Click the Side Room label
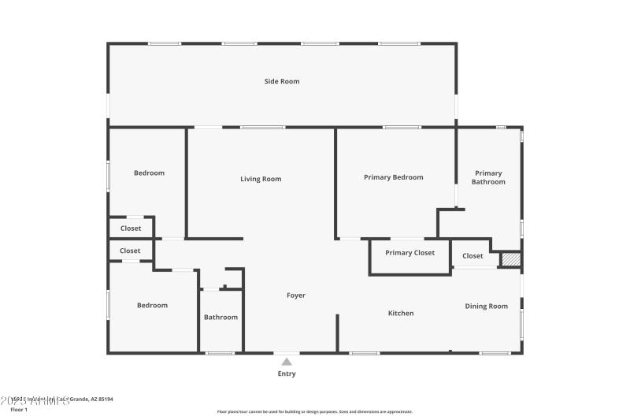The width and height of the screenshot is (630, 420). [281, 81]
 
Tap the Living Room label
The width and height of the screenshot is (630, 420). [261, 179]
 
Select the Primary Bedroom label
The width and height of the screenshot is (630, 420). [393, 177]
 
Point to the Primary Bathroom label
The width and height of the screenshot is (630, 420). [488, 177]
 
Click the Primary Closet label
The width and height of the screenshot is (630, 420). [409, 253]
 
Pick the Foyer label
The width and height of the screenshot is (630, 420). [295, 295]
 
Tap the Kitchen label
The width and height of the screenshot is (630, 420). [401, 313]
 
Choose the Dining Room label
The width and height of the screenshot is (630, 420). [486, 307]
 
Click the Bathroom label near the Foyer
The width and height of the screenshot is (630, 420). [220, 317]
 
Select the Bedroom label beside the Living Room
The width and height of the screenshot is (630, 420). [149, 173]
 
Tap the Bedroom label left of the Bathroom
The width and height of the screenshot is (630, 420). [152, 305]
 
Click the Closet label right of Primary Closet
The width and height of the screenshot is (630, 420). [472, 255]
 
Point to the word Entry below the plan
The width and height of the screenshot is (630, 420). [287, 374]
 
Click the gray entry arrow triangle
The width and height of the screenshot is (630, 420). [287, 362]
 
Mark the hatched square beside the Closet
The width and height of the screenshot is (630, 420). [511, 258]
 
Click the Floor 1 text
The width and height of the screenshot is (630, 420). [19, 410]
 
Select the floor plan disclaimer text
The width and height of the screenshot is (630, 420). [314, 411]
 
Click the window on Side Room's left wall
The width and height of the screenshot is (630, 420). [108, 106]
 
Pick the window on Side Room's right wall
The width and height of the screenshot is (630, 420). [455, 106]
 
